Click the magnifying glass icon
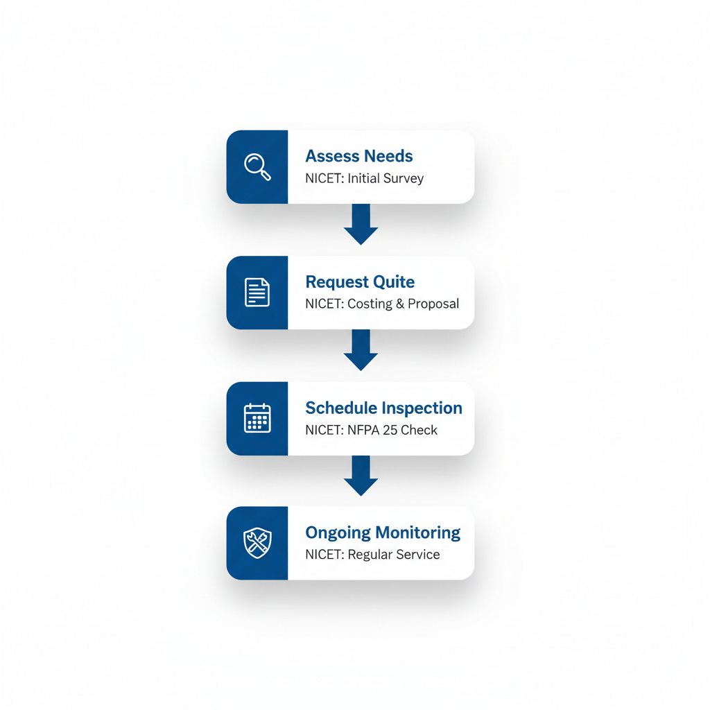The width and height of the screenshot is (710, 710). coord(257,167)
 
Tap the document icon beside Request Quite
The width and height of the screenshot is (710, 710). coord(257,293)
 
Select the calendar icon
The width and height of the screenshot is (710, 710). coord(257,418)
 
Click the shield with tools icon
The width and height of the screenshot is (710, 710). coord(257,543)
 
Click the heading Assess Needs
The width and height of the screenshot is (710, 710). coord(358,156)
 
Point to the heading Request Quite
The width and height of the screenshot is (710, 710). coord(360,282)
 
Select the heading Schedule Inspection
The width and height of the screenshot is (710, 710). coord(383,408)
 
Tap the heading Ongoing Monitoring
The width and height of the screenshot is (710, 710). coord(383,532)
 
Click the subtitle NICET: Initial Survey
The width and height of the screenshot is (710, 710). coord(364,178)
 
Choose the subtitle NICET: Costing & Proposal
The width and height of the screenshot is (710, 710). coord(382,304)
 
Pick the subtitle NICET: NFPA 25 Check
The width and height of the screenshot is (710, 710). coord(371,430)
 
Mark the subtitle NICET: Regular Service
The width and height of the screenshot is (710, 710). coord(372,555)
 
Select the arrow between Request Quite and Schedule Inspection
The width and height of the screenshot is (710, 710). coord(361,350)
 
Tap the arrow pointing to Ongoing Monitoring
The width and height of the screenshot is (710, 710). coord(361,476)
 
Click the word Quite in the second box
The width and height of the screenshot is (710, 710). coord(394,282)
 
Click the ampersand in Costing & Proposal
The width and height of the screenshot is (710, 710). coord(400,304)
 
